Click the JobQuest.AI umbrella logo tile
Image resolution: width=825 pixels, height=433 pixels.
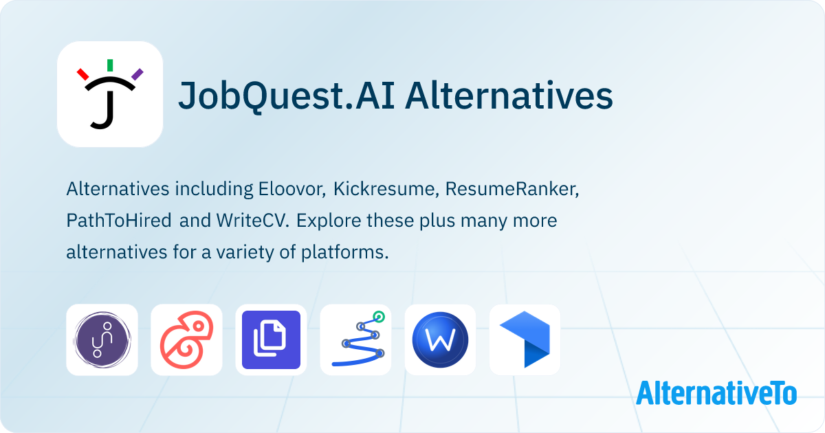click(110, 95)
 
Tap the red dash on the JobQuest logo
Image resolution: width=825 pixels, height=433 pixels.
click(83, 74)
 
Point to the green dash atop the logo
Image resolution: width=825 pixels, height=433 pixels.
click(110, 65)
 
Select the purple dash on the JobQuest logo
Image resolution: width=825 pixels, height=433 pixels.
click(137, 74)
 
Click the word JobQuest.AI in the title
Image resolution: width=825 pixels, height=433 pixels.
click(285, 96)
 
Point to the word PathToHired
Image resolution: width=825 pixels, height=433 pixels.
click(120, 221)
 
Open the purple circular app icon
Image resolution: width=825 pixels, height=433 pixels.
click(102, 340)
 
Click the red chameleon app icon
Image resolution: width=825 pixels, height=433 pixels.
click(186, 340)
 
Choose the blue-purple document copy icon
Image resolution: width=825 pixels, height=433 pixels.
click(271, 340)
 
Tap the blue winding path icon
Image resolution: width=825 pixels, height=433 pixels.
click(355, 340)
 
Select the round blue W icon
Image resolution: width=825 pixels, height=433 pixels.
click(440, 340)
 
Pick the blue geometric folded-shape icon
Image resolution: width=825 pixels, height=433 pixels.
click(525, 340)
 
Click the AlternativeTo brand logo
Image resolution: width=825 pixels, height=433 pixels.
click(716, 393)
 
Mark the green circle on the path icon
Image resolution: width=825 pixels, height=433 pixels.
click(377, 318)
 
